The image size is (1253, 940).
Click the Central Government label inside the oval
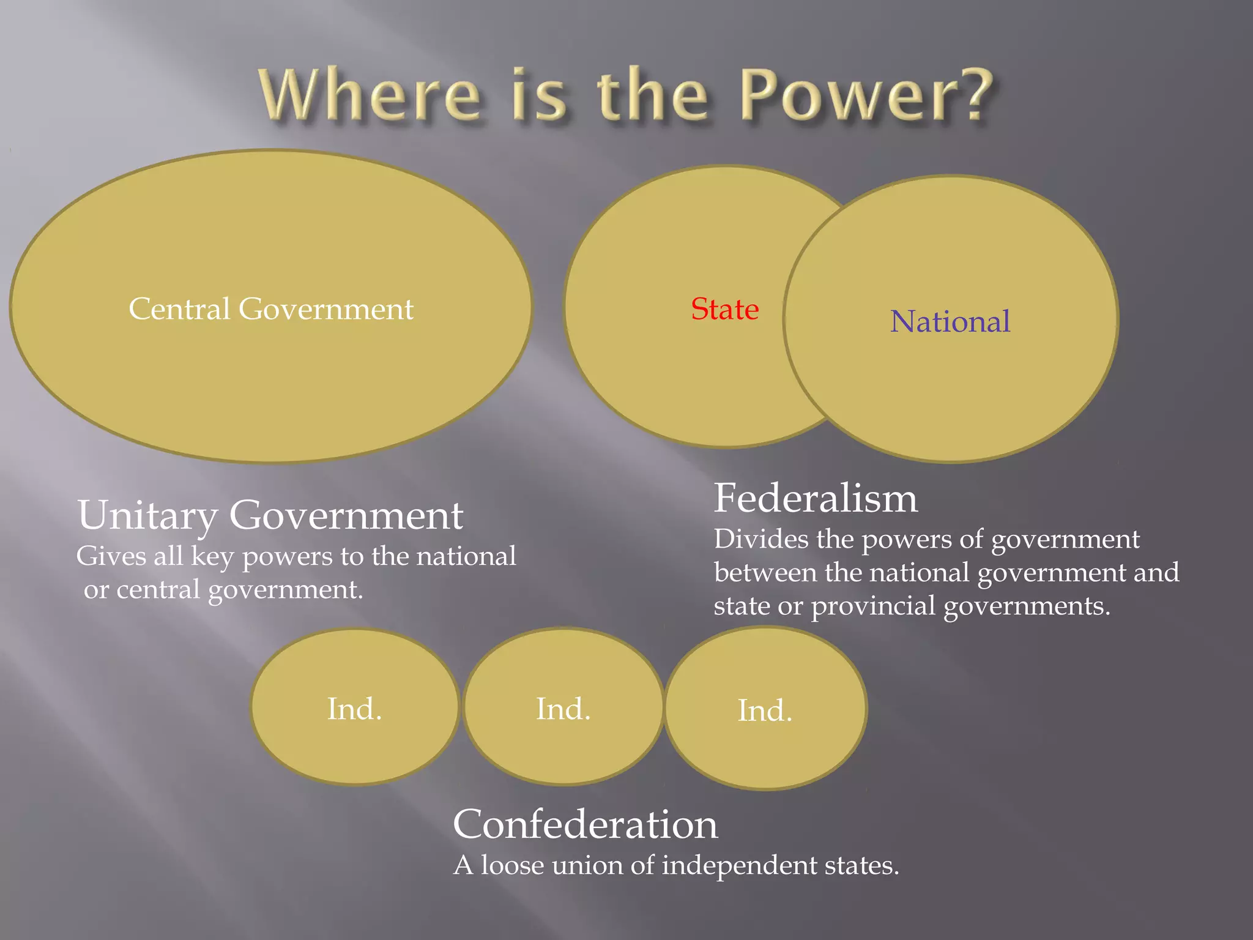tap(271, 308)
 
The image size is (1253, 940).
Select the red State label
tap(725, 309)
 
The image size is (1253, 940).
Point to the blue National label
tap(950, 321)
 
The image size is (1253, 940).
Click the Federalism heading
tap(816, 498)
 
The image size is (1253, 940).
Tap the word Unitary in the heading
tap(147, 515)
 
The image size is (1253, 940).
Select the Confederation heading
tap(585, 824)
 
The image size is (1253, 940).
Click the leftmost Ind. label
tap(355, 709)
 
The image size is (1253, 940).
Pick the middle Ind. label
tap(563, 709)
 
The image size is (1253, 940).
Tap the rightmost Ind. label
tap(765, 711)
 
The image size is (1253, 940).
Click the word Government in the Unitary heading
tap(346, 515)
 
